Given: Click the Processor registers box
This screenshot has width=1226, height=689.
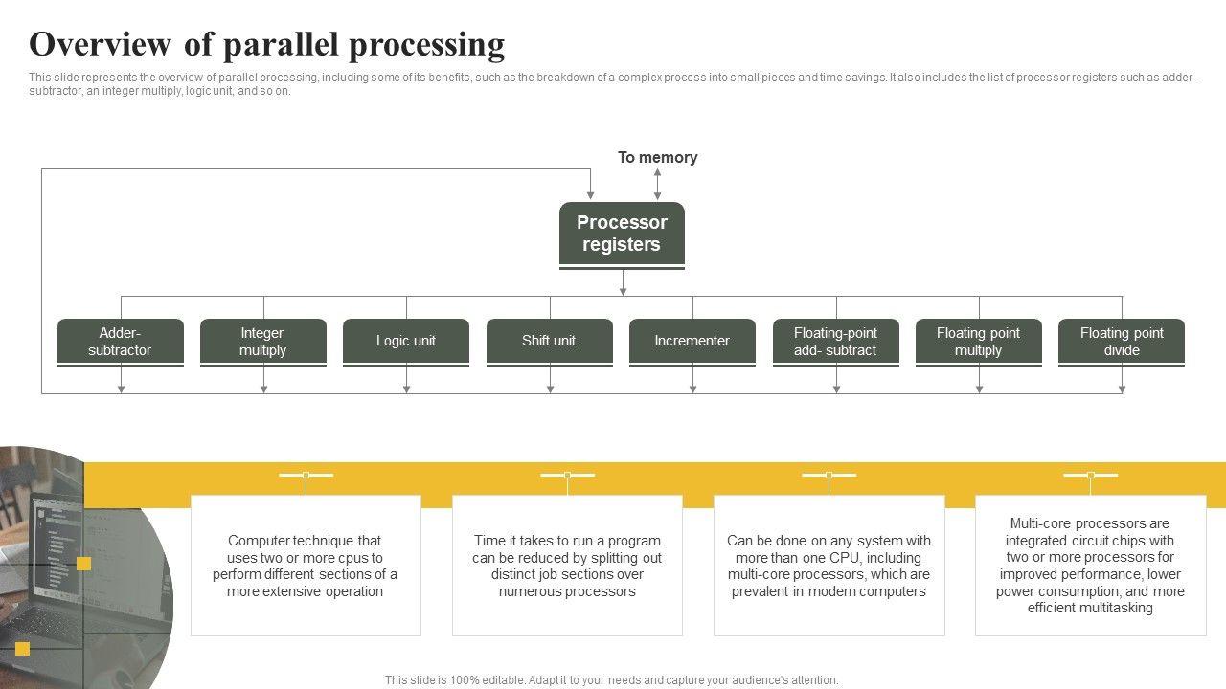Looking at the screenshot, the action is coord(622,235).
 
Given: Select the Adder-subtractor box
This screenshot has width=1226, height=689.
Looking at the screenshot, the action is coord(121,343).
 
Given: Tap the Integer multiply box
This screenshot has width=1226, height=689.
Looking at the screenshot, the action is coord(263,343).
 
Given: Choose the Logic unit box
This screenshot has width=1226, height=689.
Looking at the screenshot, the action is coord(406,343).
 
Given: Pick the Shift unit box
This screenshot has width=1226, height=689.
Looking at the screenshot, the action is coord(550,343).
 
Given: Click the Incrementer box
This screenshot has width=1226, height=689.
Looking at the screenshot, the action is coord(692,343).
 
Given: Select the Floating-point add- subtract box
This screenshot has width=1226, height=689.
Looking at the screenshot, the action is coord(836,343).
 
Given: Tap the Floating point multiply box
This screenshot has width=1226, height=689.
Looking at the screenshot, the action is coord(979,343).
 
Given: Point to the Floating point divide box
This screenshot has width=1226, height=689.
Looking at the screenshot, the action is coord(1122,343).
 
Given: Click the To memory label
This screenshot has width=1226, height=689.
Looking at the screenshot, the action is coord(657,158).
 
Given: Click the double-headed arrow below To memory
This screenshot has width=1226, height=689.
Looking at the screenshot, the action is coord(657,184).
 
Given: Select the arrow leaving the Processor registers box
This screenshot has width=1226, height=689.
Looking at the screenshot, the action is coord(623,282).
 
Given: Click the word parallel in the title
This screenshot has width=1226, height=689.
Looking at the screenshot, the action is coord(283,45).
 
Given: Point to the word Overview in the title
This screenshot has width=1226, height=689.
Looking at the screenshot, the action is coord(100,44).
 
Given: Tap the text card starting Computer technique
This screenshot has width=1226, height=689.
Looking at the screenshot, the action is coord(306,566).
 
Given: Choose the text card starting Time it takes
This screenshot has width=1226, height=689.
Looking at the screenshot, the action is coord(567,566).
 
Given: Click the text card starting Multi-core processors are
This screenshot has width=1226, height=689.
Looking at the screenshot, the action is coord(1090,566).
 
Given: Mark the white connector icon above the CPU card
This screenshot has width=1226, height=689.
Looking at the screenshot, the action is coord(829,476).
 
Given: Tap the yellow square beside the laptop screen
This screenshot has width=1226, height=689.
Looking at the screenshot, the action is coord(83,564).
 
